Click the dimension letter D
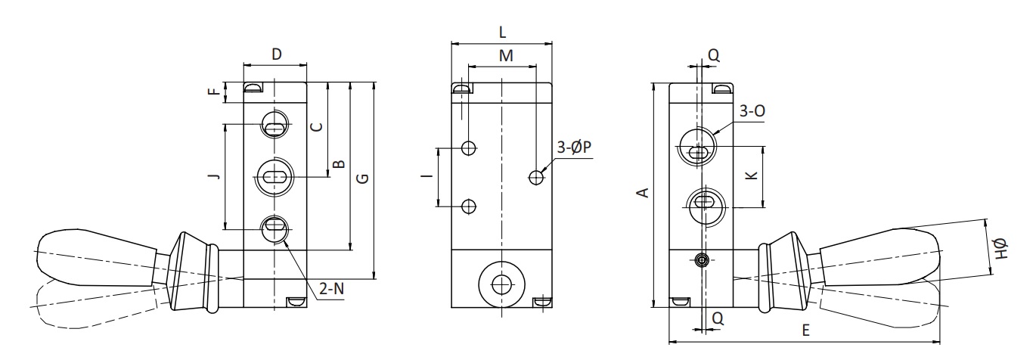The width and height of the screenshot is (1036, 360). (x=276, y=54)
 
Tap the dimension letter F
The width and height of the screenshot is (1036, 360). (x=213, y=92)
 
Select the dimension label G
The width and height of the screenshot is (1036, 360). (x=364, y=178)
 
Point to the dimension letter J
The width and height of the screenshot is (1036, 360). (x=213, y=176)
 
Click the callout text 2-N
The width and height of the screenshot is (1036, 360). (x=332, y=289)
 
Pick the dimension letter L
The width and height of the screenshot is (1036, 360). (x=502, y=33)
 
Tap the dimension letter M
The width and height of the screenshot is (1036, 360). (x=506, y=55)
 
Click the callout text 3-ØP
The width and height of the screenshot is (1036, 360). (x=574, y=147)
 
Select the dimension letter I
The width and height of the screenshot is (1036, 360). (x=428, y=175)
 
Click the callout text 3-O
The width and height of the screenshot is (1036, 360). (x=752, y=110)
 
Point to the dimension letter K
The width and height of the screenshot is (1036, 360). (x=752, y=175)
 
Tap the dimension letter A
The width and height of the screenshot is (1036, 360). (x=644, y=193)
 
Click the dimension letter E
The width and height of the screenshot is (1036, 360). (x=805, y=330)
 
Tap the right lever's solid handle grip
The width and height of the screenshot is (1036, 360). (x=879, y=256)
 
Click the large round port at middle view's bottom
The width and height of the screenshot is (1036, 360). (x=502, y=284)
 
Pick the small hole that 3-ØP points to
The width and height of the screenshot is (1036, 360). (x=536, y=177)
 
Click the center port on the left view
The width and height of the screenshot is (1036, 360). (x=275, y=177)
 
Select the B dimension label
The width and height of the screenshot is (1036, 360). (x=340, y=164)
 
